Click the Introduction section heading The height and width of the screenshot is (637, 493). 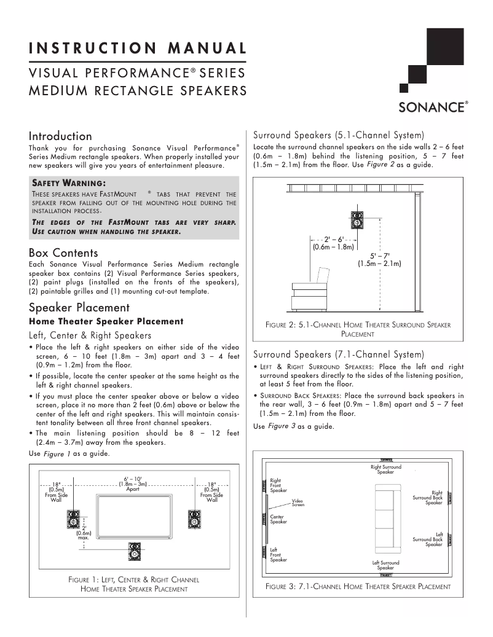click(60, 136)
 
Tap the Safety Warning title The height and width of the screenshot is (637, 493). click(69, 182)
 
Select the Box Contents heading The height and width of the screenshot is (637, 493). click(63, 252)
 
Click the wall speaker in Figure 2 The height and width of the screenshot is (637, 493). click(358, 220)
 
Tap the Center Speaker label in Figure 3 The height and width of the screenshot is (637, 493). click(278, 520)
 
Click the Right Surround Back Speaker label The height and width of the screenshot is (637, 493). click(428, 497)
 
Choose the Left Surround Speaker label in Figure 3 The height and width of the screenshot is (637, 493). click(385, 565)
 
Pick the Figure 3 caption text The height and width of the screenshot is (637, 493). click(358, 587)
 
